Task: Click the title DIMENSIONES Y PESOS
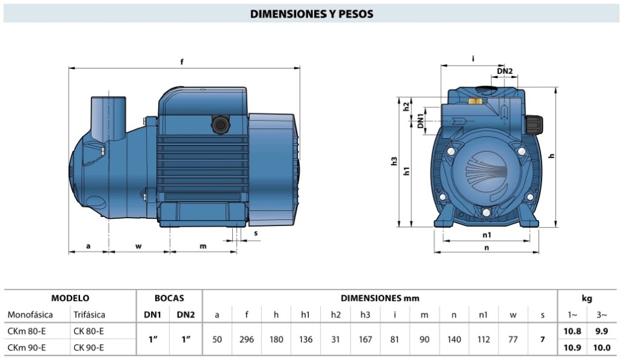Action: coord(311,14)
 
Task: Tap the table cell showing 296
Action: coord(246,339)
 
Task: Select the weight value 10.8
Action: coord(572,331)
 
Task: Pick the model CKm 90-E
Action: coord(27,348)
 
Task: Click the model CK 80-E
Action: coord(89,331)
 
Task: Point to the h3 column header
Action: coord(365,315)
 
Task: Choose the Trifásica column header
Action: coord(90,315)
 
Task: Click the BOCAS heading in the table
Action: coord(169,298)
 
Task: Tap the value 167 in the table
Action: coord(365,339)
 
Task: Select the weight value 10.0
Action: coord(602,348)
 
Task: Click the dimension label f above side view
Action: coord(182,62)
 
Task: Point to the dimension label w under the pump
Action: coord(138,247)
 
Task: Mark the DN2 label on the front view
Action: coord(505,71)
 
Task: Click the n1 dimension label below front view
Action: coord(487,235)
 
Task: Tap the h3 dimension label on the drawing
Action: coord(394,161)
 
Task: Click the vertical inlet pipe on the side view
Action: coord(109,118)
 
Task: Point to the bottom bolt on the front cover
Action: coord(486,213)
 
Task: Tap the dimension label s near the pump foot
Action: coord(256,233)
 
